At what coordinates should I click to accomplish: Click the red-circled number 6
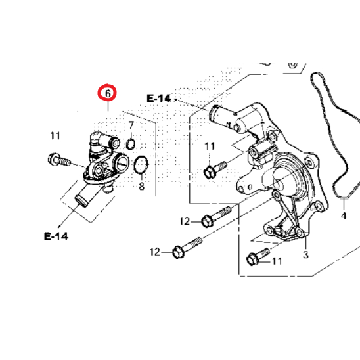106,93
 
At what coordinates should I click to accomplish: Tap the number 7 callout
131,125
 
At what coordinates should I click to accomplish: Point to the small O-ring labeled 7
130,144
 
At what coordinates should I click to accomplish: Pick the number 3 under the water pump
305,254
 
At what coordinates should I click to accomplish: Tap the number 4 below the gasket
343,215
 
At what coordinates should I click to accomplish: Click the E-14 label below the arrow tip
56,236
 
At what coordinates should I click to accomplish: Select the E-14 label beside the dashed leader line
159,99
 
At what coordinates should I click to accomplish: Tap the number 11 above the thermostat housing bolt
55,136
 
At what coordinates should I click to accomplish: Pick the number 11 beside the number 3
276,261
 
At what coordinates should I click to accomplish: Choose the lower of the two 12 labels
155,252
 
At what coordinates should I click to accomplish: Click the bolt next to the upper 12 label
214,217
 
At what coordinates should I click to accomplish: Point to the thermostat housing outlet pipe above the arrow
82,196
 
